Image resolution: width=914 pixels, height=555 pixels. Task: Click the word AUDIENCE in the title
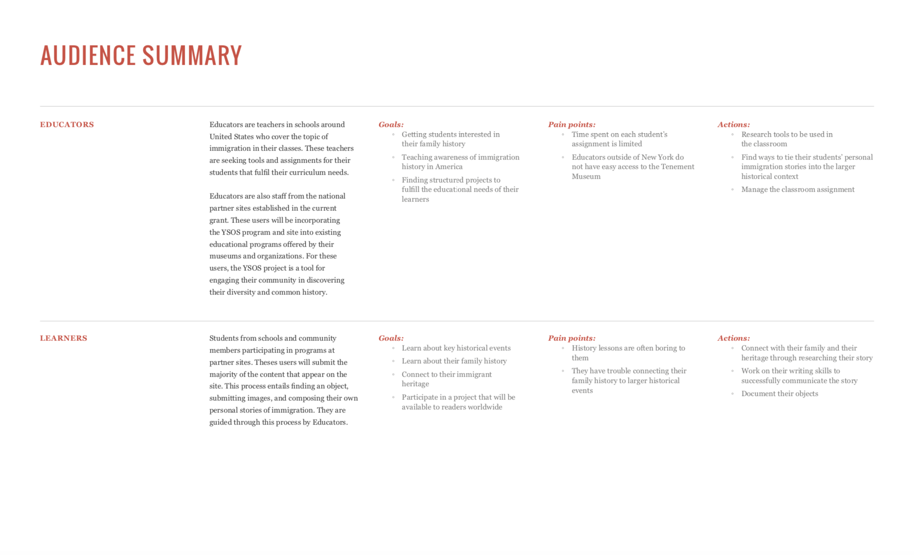87,55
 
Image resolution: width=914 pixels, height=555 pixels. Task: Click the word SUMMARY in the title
192,55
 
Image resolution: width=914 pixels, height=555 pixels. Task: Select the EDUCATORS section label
67,125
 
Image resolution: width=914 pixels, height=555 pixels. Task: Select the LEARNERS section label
63,338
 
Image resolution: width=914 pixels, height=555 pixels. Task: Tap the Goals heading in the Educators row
391,125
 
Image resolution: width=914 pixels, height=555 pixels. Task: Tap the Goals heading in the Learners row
391,338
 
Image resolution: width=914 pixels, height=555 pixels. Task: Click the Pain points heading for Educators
572,125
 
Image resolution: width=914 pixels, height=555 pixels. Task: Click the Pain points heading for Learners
572,338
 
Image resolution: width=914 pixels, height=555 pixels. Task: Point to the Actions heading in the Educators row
734,125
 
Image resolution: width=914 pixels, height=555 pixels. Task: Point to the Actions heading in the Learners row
734,338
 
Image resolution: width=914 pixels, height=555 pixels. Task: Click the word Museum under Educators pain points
586,177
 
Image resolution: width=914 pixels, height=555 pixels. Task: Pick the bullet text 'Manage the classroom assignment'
798,189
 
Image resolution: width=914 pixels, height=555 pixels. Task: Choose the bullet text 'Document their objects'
779,394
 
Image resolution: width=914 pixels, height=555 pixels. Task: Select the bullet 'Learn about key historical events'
456,348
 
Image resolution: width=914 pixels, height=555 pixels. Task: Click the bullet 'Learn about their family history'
454,361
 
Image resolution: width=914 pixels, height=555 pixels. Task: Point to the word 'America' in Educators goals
449,167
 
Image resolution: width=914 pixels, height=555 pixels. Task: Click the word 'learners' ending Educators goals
415,199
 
